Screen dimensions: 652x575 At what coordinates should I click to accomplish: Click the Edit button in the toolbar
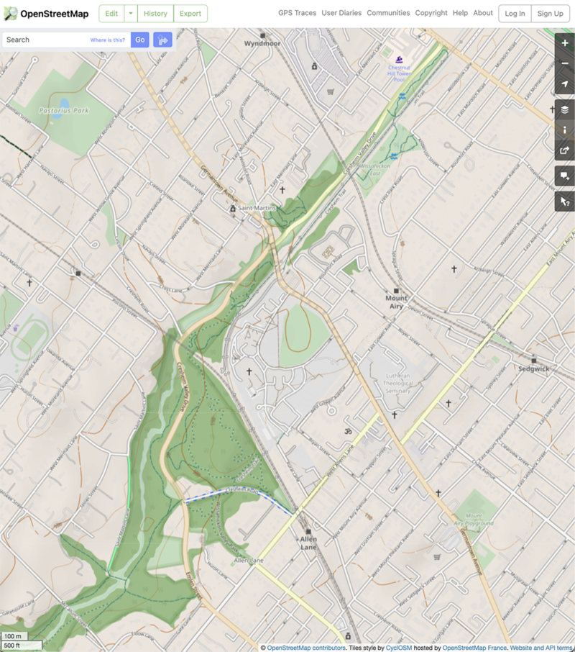pos(111,13)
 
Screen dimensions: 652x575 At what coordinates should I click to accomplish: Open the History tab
pos(155,13)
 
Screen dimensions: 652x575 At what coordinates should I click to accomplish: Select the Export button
pos(190,13)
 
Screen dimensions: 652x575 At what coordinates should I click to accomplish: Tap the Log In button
pos(515,13)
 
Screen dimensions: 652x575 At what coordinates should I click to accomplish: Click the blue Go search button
pos(139,40)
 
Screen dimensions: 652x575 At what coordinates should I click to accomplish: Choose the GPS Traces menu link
pos(297,13)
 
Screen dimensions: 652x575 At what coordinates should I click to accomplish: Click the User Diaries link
pos(341,13)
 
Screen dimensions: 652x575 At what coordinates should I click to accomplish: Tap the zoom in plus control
pos(564,43)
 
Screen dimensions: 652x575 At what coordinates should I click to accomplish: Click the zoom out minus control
pos(564,63)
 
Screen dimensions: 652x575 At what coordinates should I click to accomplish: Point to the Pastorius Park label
pos(64,111)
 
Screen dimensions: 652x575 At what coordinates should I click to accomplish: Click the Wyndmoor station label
pos(262,43)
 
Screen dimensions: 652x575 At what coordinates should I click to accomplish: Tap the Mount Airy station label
pos(396,302)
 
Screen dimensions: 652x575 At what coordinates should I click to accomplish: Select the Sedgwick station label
pos(533,368)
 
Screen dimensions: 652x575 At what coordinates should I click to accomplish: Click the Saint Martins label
pos(257,209)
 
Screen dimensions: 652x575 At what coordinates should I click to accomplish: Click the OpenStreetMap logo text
pos(54,13)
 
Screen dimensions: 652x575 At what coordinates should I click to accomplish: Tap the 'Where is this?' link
pos(107,40)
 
